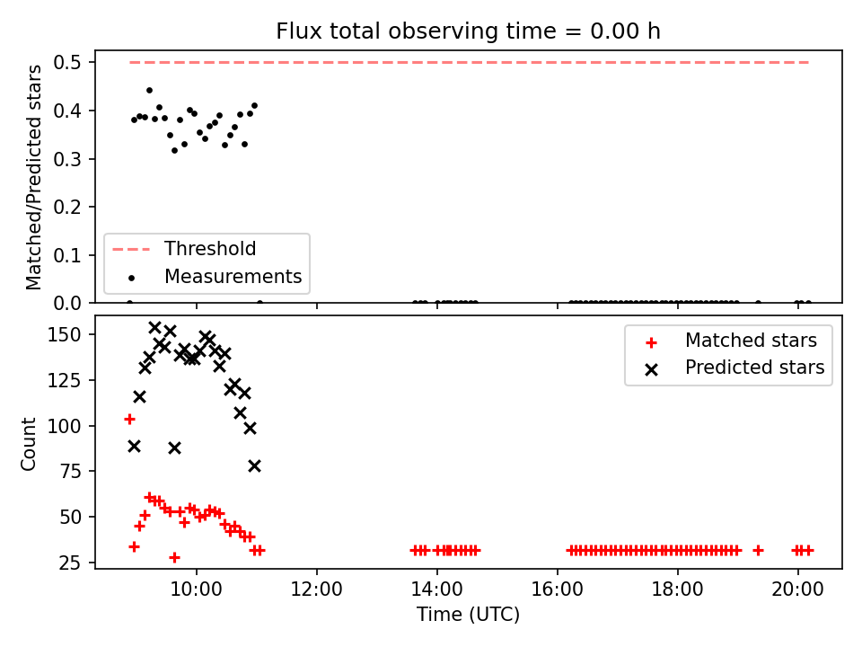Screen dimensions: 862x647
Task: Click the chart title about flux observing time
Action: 468,31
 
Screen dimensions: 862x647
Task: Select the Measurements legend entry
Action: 215,276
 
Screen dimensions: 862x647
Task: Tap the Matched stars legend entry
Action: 731,341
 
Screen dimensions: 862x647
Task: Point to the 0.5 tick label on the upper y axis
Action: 67,63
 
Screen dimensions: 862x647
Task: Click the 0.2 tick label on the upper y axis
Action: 67,207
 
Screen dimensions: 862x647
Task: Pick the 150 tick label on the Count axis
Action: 65,334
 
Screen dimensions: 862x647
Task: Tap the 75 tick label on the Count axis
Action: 70,472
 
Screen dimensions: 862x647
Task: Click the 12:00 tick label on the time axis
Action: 317,589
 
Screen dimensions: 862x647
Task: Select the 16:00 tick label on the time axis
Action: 558,589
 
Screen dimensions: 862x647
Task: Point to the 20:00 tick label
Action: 797,589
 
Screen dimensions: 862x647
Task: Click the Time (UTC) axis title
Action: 468,615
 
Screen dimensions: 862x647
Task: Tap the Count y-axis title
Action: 28,444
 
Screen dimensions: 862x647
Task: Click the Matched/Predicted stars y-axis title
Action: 33,177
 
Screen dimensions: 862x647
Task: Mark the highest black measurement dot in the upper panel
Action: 149,90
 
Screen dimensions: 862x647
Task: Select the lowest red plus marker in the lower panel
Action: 174,557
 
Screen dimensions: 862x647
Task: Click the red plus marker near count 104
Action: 129,420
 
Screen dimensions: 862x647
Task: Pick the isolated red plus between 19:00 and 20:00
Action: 758,550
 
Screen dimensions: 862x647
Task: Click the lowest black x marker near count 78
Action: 254,466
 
